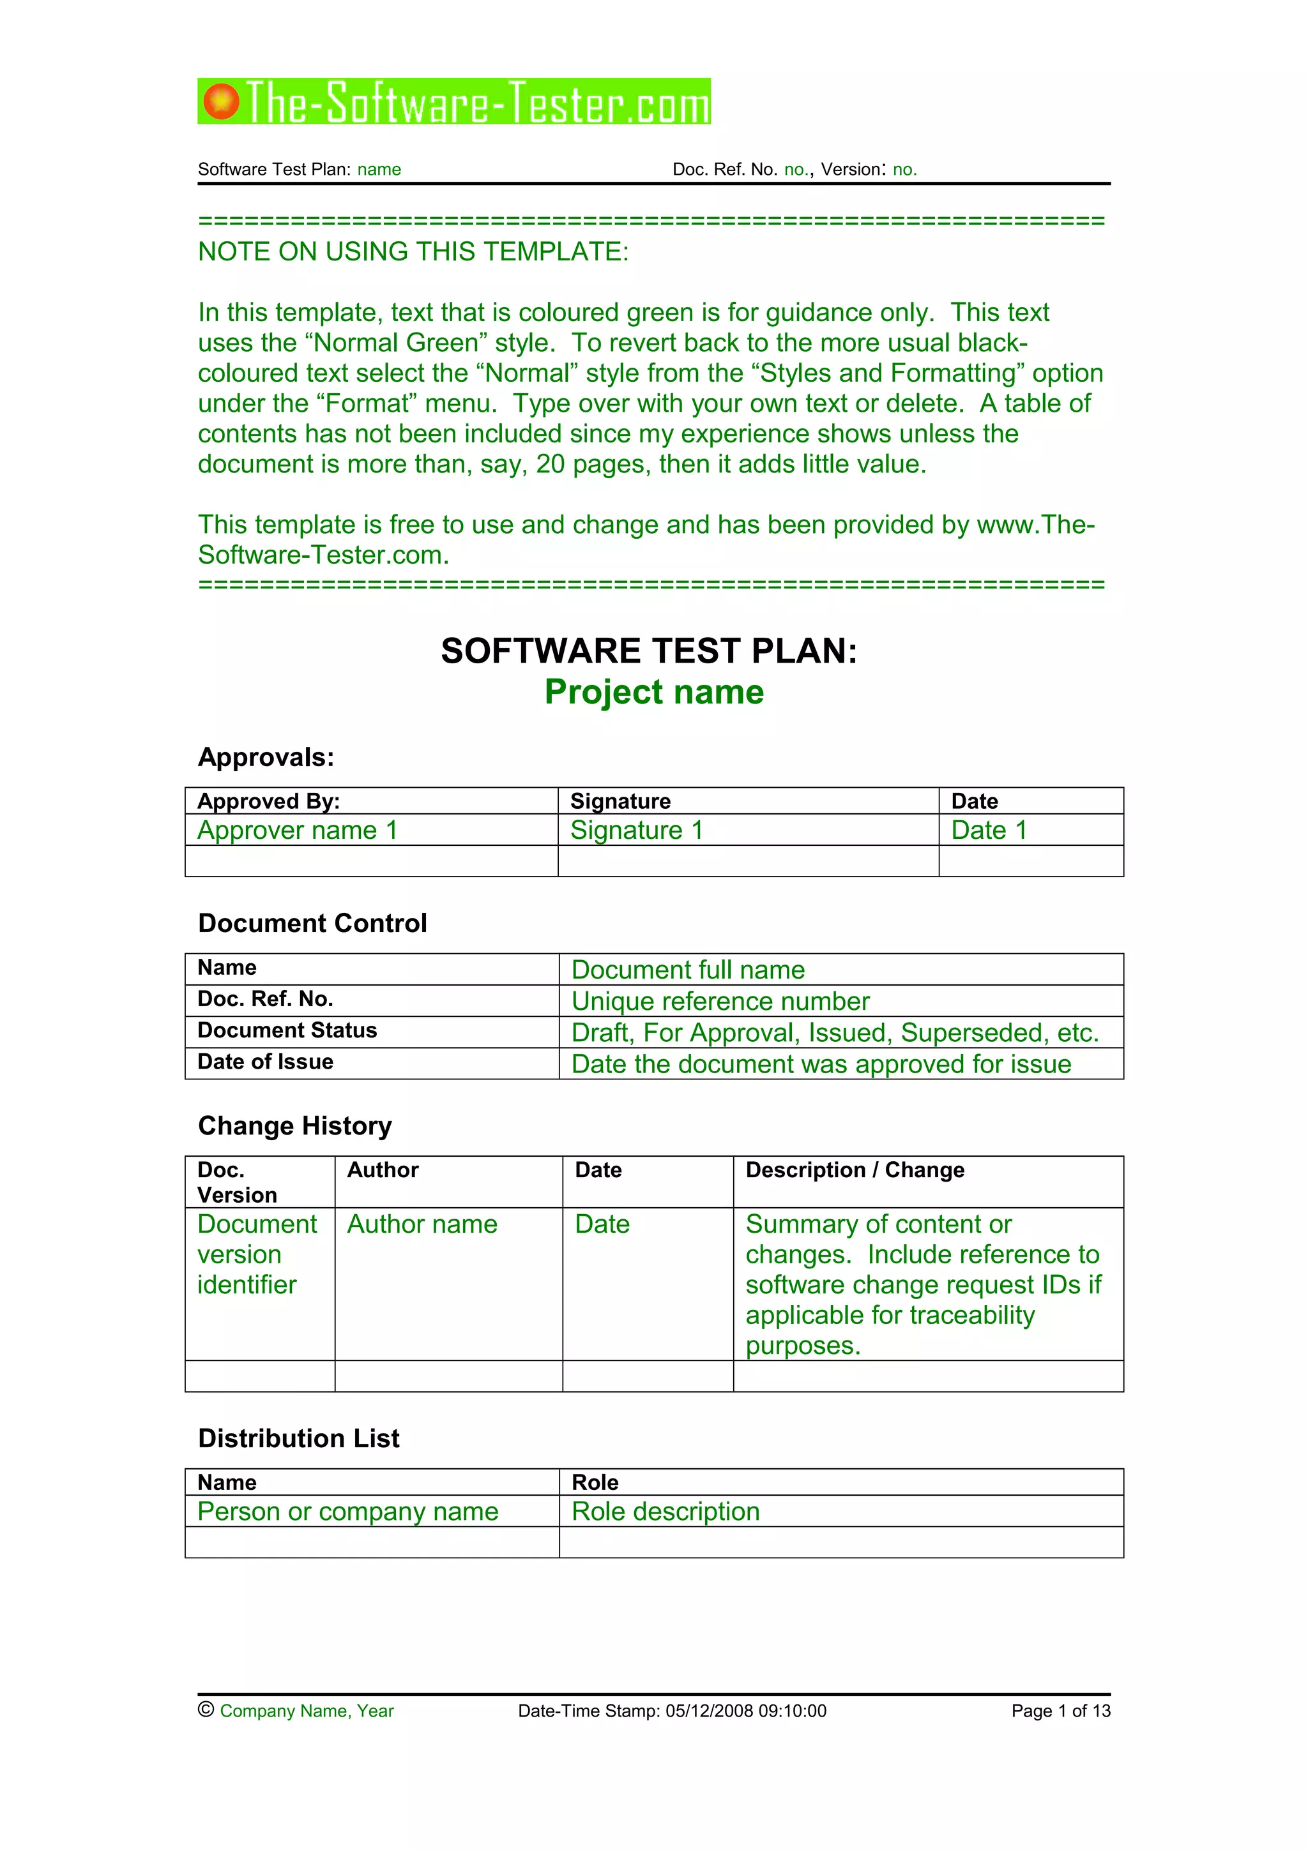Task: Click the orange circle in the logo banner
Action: point(221,102)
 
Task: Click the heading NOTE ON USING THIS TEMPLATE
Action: point(413,252)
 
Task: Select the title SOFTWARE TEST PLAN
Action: point(649,651)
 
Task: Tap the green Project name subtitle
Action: point(653,692)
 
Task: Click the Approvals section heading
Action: point(266,757)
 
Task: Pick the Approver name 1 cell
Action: point(298,831)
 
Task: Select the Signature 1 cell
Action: point(637,831)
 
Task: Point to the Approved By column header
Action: point(268,802)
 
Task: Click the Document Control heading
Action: point(312,923)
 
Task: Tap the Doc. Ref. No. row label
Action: point(265,999)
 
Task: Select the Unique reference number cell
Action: point(720,1002)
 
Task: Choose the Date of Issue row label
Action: point(265,1062)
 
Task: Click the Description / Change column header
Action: point(855,1170)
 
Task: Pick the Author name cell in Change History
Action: point(422,1225)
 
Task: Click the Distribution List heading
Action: point(298,1439)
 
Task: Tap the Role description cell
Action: point(665,1512)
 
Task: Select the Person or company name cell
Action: point(347,1512)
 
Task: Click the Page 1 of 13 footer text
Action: point(1061,1711)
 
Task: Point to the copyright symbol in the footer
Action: point(206,1710)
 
